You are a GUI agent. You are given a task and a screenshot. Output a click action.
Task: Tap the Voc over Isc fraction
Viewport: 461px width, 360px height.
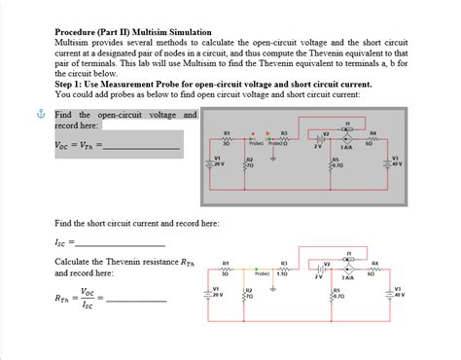(89, 298)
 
